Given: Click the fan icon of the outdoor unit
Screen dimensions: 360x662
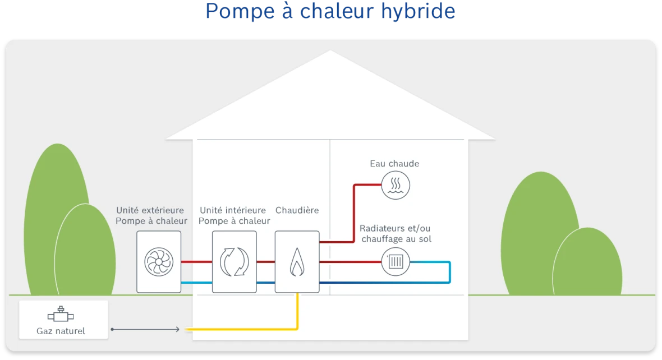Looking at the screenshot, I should click(159, 261).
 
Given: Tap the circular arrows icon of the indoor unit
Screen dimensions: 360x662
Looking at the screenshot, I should click(234, 261).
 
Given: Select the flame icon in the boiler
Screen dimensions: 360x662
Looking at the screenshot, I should click(297, 262).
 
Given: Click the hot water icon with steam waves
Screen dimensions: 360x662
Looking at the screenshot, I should click(396, 185).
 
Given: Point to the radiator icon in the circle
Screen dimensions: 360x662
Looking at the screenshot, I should click(396, 262).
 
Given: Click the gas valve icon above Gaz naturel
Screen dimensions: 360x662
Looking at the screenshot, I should click(61, 315).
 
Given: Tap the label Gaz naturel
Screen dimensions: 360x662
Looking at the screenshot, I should click(61, 331).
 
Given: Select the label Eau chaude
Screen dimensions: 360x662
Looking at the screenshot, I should click(394, 164).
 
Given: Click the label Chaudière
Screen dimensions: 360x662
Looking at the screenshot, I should click(297, 210).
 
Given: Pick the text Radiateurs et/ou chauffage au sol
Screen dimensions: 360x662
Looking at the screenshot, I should click(395, 234).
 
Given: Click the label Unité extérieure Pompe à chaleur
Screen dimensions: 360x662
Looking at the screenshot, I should click(151, 215).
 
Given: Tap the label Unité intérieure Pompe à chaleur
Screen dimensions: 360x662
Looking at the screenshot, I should click(234, 215).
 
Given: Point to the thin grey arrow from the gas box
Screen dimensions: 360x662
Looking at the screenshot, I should click(146, 329).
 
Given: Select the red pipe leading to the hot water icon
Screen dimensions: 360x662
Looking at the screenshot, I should click(354, 213).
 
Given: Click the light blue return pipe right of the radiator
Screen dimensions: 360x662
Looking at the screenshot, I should click(449, 272).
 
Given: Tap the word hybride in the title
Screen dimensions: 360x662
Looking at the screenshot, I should click(417, 11).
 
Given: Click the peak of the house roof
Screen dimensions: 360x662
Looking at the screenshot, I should click(330, 53).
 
